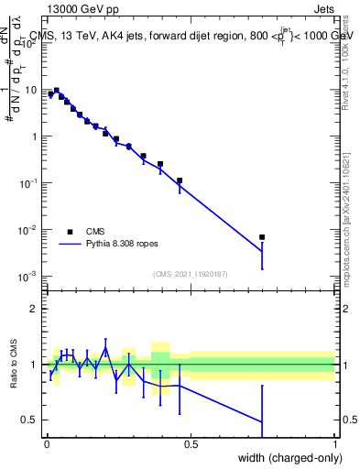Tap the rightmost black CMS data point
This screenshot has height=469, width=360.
[262, 237]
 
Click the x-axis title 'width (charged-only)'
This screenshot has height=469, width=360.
[284, 459]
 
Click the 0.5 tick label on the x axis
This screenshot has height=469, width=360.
[191, 443]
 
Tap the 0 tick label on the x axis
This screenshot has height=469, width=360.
[47, 443]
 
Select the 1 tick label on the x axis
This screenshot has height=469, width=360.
[335, 443]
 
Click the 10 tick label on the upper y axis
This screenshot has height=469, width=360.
[30, 90]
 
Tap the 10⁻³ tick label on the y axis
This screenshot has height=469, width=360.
[29, 275]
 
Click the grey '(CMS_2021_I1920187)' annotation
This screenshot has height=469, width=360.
[191, 273]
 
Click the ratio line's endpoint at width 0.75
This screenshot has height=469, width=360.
[262, 421]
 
